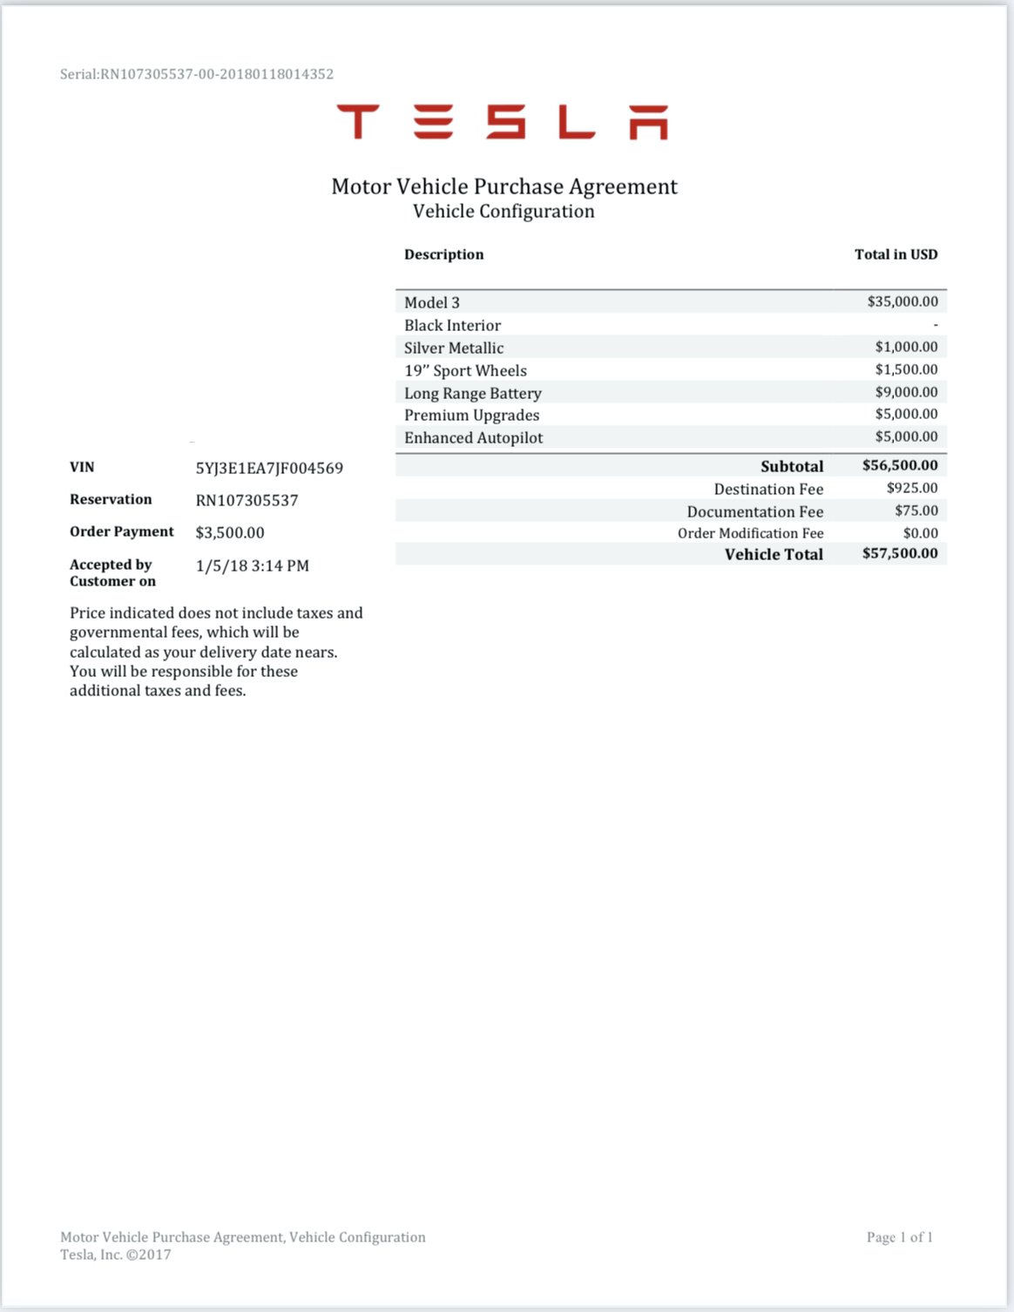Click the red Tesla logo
click(x=503, y=122)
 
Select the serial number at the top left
click(x=197, y=74)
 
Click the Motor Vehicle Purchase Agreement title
click(x=504, y=186)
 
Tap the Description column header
click(x=443, y=254)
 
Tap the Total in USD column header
click(x=896, y=254)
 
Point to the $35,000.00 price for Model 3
click(x=902, y=301)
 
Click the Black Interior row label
click(x=452, y=325)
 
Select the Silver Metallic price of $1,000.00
click(x=906, y=347)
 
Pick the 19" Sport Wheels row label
click(x=465, y=370)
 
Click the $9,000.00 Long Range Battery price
click(x=906, y=392)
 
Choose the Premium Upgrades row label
click(x=471, y=416)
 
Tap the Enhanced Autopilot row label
click(x=473, y=437)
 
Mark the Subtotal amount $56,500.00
click(x=900, y=465)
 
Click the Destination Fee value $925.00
click(x=912, y=488)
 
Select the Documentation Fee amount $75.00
click(x=916, y=511)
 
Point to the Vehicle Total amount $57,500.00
click(x=900, y=553)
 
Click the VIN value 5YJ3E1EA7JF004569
click(x=269, y=468)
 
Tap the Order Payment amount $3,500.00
click(x=230, y=532)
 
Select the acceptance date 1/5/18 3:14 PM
click(x=253, y=565)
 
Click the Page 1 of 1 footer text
click(x=899, y=1237)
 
